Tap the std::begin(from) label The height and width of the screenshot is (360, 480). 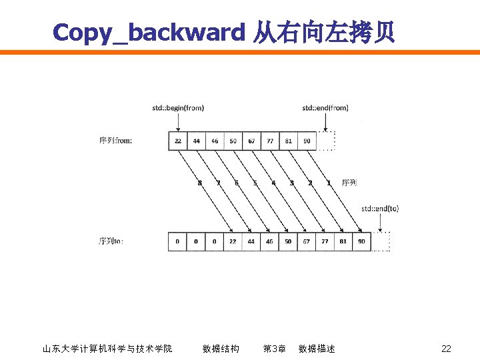point(178,107)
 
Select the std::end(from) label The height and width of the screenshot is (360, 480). point(325,107)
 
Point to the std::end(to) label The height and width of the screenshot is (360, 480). point(380,208)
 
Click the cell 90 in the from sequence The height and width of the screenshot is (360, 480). point(306,141)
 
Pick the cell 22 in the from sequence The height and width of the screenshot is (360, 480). point(178,141)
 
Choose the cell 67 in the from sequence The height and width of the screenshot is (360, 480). point(251,141)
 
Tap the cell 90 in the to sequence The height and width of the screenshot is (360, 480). point(361,241)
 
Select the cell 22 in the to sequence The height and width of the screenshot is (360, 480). point(233,241)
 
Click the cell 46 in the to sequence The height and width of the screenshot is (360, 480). point(269,241)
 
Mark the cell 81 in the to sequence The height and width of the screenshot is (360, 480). point(343,241)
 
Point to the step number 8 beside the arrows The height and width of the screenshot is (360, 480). point(199,183)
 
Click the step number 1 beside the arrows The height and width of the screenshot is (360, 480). point(328,183)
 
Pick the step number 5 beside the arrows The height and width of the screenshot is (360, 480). point(255,183)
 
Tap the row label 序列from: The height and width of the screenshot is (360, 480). point(115,140)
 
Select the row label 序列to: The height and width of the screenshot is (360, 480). point(111,241)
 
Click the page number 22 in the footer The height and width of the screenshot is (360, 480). point(446,349)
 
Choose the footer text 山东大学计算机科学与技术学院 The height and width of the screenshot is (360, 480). point(107,349)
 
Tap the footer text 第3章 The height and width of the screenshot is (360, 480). point(275,349)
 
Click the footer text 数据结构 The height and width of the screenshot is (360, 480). point(221,349)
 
